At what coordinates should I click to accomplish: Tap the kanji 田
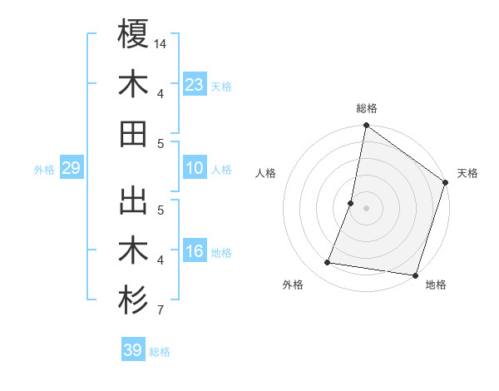pos(133,133)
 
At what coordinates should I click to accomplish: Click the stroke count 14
pos(161,42)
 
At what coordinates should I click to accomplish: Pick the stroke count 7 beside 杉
pos(160,311)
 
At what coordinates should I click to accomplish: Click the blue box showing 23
pos(195,84)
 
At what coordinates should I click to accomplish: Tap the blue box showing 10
pos(195,168)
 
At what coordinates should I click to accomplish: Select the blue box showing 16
pos(195,251)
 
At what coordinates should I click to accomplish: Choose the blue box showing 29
pos(71,169)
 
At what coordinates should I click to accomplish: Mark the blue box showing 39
pos(133,350)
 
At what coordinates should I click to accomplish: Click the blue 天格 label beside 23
pos(221,86)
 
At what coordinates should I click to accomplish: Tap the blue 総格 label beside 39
pos(160,352)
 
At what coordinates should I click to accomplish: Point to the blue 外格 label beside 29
pos(44,170)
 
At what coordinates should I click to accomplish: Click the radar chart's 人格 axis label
pos(266,173)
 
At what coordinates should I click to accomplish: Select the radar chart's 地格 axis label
pos(436,285)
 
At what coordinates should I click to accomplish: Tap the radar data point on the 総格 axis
pos(366,126)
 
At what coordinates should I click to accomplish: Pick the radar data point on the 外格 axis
pos(328,263)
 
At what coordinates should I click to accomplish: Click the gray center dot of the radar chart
pos(366,208)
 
